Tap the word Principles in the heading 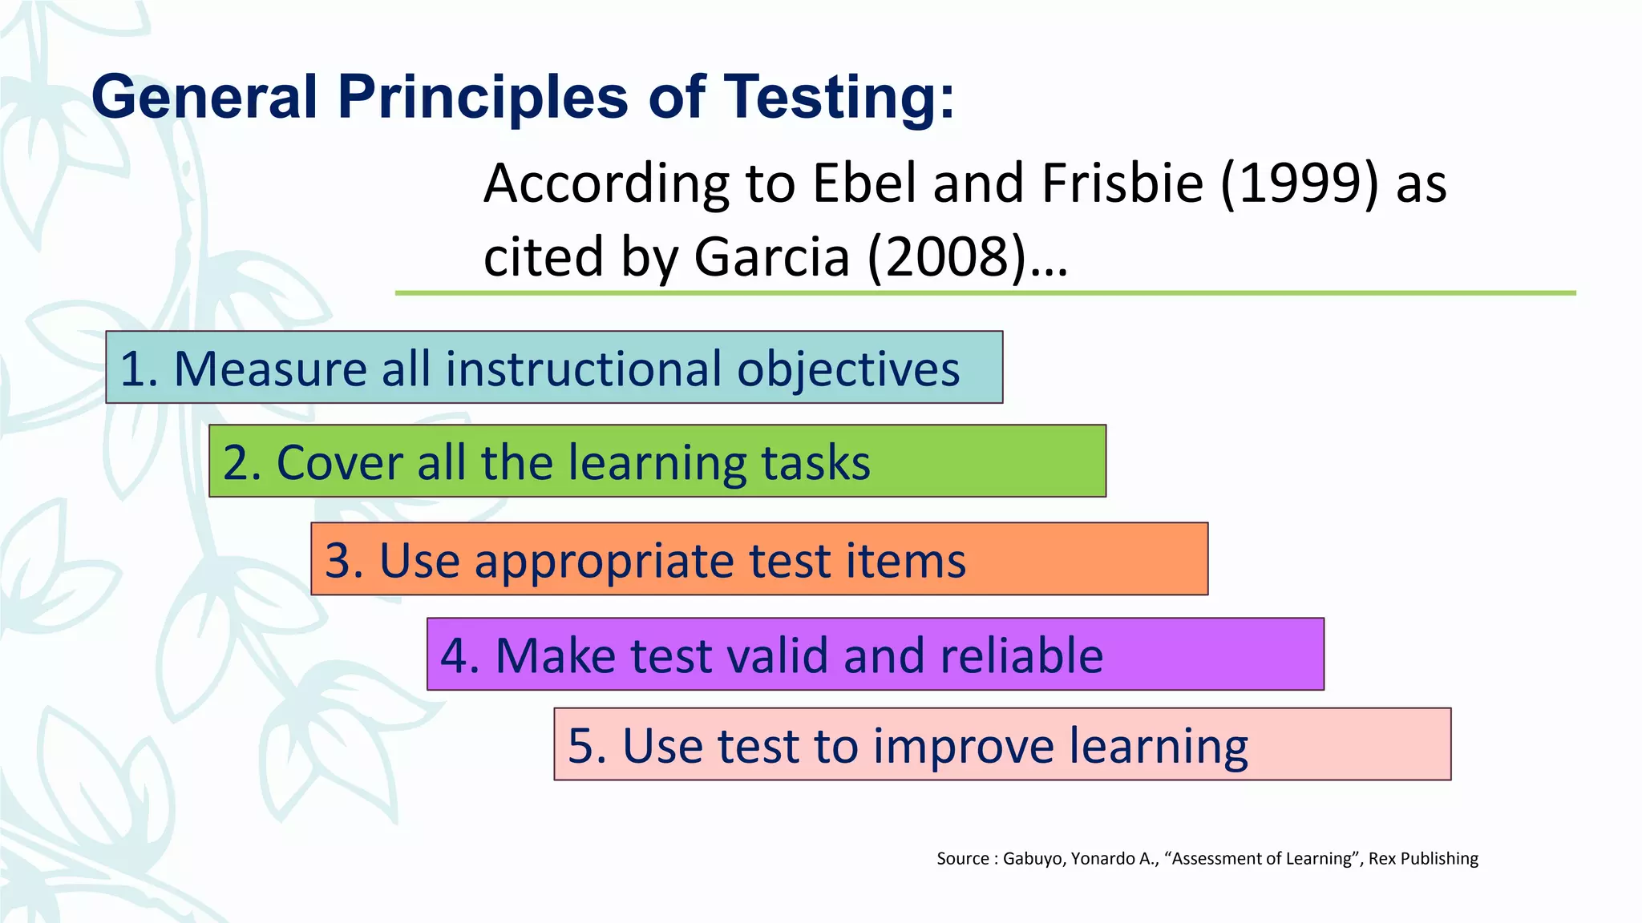coord(483,97)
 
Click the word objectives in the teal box coord(848,369)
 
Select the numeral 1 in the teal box coord(133,369)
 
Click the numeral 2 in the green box coord(237,463)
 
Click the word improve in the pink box coord(965,746)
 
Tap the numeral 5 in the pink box coord(581,746)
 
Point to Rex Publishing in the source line coord(1423,859)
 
